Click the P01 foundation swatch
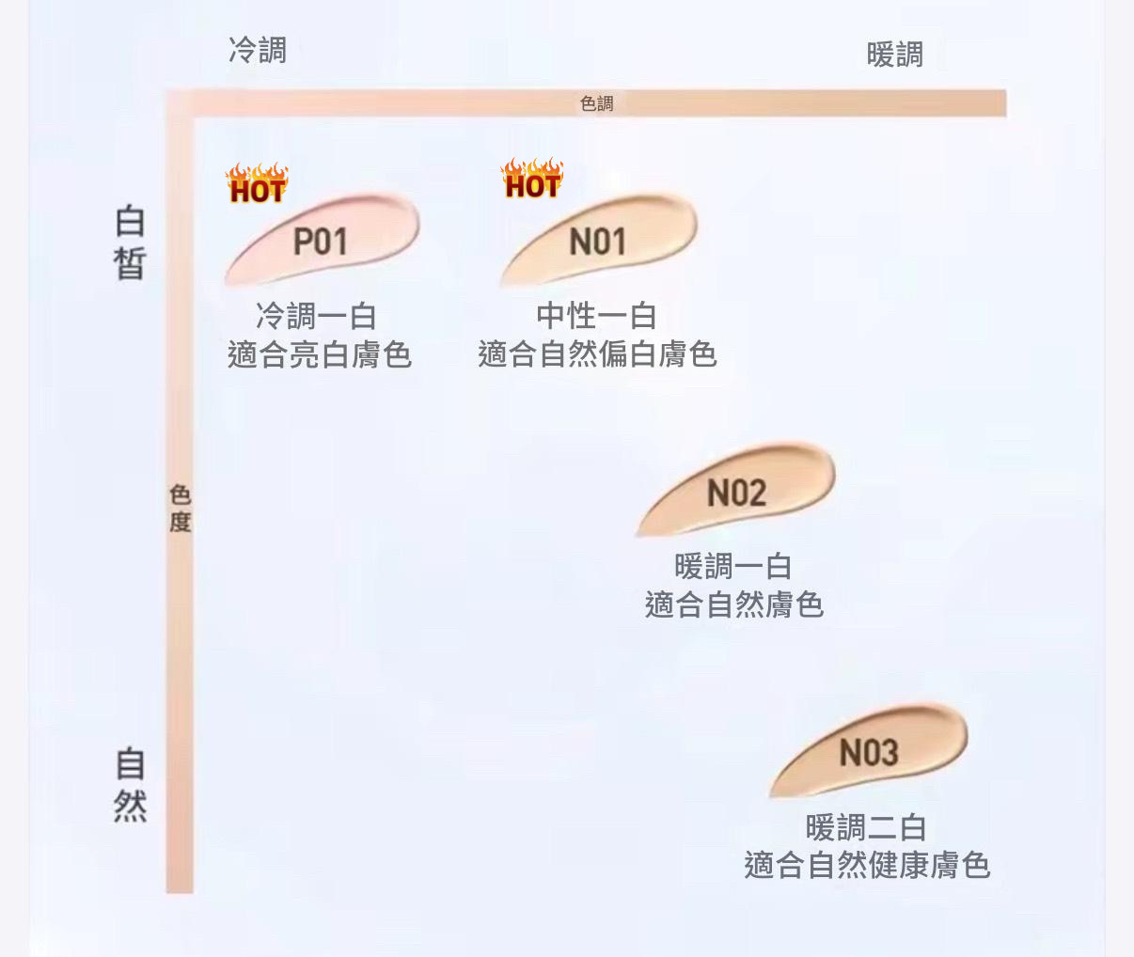[x=322, y=240]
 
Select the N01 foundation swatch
[x=598, y=240]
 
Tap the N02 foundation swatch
[x=736, y=491]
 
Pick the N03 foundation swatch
[x=869, y=751]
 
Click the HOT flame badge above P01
[x=257, y=183]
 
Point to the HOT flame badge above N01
[x=532, y=179]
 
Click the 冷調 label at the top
[x=258, y=50]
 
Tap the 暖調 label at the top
[x=894, y=55]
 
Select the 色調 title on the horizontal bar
[x=597, y=103]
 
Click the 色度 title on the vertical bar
[x=180, y=509]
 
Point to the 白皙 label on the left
[x=131, y=243]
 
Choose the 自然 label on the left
[x=131, y=784]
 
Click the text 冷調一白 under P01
[x=316, y=317]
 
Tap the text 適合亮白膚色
[x=320, y=355]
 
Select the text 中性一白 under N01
[x=596, y=316]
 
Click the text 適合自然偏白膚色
[x=597, y=354]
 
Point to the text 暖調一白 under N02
[x=733, y=567]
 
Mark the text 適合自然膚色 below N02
[x=734, y=605]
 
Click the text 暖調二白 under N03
[x=866, y=828]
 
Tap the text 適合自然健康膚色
[x=867, y=866]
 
